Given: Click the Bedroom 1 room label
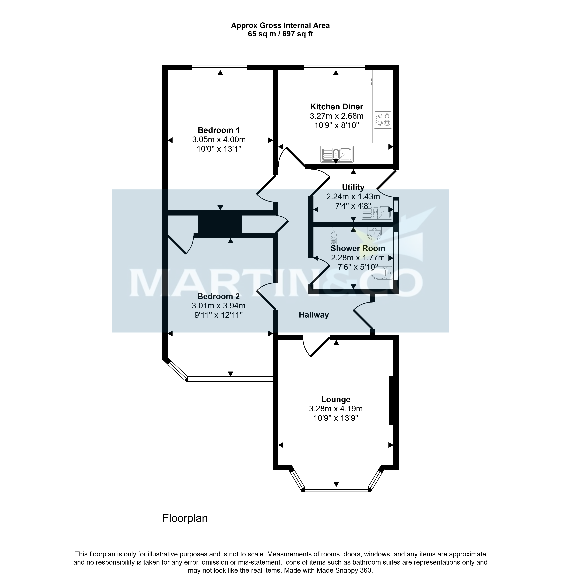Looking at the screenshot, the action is point(219,130).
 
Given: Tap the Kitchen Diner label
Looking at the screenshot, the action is point(337,106).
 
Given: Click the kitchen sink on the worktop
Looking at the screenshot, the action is point(337,154).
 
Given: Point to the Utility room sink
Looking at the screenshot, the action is point(376,212).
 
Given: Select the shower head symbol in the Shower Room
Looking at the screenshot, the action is point(333,236).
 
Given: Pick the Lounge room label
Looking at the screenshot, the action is point(336,399).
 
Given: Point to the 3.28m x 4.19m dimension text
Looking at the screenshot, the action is point(336,409).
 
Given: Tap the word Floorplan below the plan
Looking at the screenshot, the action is point(185,518).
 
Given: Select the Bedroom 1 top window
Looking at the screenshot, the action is point(219,67).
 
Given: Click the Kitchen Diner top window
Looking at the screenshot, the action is point(335,67).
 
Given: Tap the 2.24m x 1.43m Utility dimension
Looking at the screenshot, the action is point(353,196).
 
